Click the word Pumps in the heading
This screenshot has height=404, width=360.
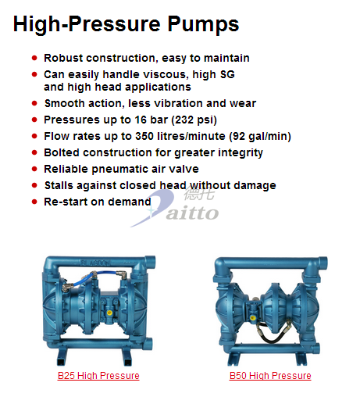203,24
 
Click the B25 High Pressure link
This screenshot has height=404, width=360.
98,376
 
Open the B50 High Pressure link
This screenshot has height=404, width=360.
270,376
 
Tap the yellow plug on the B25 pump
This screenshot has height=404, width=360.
109,313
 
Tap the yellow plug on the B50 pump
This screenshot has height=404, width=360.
252,317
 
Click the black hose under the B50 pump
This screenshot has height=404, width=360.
272,333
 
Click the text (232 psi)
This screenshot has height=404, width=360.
194,120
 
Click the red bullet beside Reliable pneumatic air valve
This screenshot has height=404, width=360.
34,169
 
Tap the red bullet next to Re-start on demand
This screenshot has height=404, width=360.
34,202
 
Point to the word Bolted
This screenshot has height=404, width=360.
62,152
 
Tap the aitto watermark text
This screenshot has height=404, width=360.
192,213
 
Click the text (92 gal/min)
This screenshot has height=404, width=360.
260,136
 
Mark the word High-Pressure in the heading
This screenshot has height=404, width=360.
87,24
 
